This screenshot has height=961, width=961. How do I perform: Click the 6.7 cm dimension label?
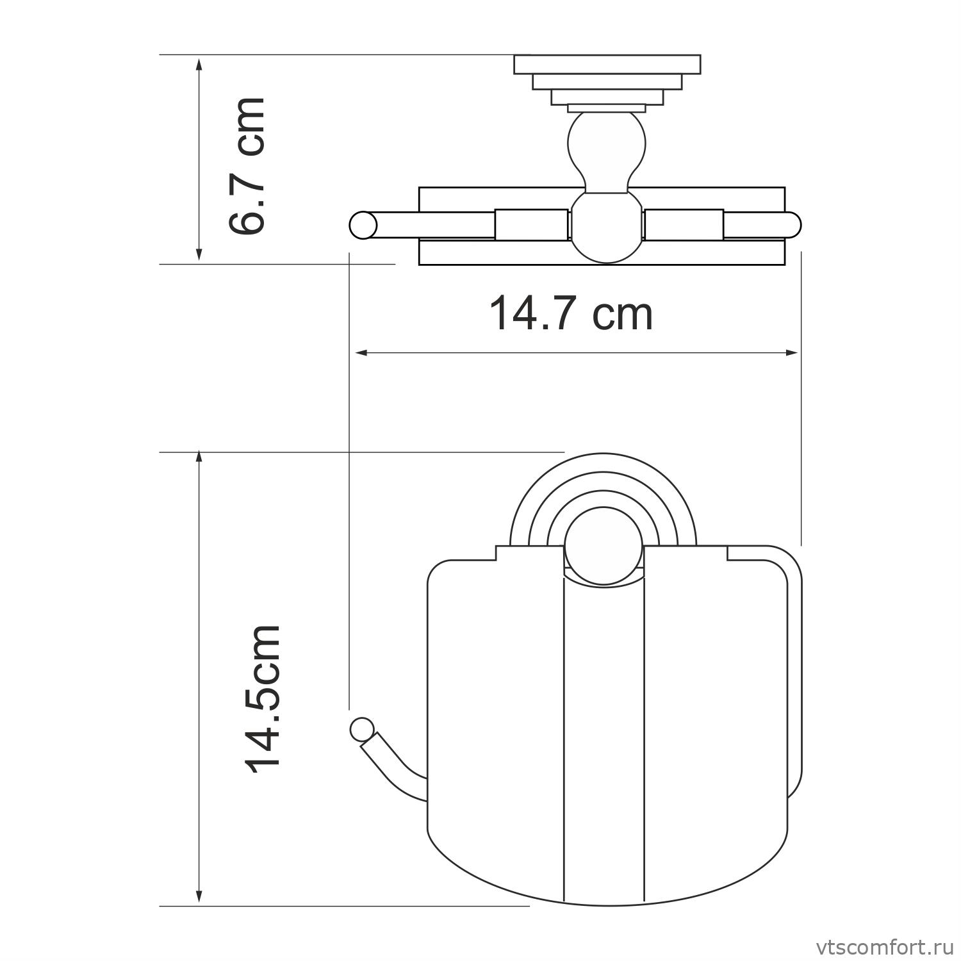[x=247, y=166]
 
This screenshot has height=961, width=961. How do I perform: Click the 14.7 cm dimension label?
[x=571, y=313]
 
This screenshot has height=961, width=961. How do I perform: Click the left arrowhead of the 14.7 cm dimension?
[x=361, y=352]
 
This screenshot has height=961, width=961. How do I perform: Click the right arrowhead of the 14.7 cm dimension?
[x=793, y=352]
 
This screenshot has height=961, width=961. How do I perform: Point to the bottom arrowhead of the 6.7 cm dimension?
[x=199, y=254]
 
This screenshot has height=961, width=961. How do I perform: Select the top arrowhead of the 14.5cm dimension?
[x=199, y=459]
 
